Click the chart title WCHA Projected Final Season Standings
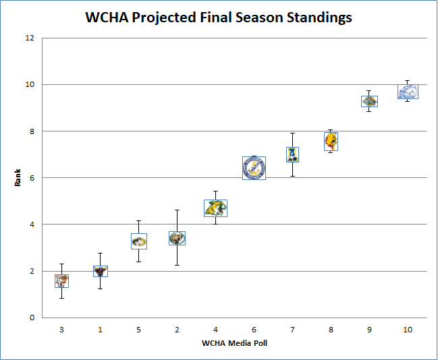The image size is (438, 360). point(219,18)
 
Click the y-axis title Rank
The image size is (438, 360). point(19,177)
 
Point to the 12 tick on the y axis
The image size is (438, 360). point(30,38)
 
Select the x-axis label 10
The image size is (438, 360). point(408,329)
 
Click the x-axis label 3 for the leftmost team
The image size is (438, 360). point(61,329)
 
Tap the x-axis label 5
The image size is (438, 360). point(138,329)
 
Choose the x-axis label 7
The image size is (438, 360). point(292,329)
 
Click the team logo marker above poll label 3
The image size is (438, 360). point(61,280)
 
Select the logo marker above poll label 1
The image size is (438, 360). point(100,271)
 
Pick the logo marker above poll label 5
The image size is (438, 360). point(138,241)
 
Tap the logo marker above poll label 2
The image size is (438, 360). point(177,238)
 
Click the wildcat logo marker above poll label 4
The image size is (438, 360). point(215,208)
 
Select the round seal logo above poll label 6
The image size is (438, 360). point(254,168)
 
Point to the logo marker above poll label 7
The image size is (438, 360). point(292,154)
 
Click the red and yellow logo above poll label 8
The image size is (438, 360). point(331,140)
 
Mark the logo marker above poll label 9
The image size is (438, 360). point(369,101)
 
